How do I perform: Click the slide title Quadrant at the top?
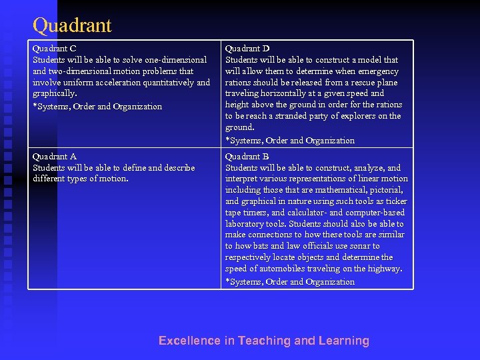point(72,26)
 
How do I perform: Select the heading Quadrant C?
point(55,49)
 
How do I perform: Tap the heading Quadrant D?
point(247,49)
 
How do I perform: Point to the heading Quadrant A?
point(55,157)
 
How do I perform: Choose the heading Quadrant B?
point(247,157)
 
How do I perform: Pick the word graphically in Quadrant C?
point(54,94)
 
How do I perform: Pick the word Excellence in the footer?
point(189,341)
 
